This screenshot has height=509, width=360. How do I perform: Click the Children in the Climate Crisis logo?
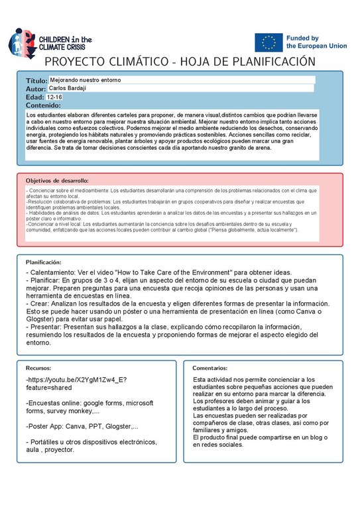click(x=50, y=40)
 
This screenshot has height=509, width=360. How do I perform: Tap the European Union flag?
click(x=268, y=42)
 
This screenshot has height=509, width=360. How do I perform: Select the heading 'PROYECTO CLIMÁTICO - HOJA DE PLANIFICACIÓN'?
click(x=179, y=62)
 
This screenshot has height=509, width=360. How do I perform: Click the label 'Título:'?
click(x=36, y=80)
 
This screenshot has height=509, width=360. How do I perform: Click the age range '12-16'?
click(x=55, y=97)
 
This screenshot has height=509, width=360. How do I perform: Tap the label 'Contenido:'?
click(x=44, y=105)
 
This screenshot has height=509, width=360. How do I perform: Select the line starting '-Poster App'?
click(x=82, y=426)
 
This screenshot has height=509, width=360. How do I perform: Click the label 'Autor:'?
click(x=35, y=89)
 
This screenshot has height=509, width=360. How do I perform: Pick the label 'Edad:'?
click(x=35, y=97)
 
